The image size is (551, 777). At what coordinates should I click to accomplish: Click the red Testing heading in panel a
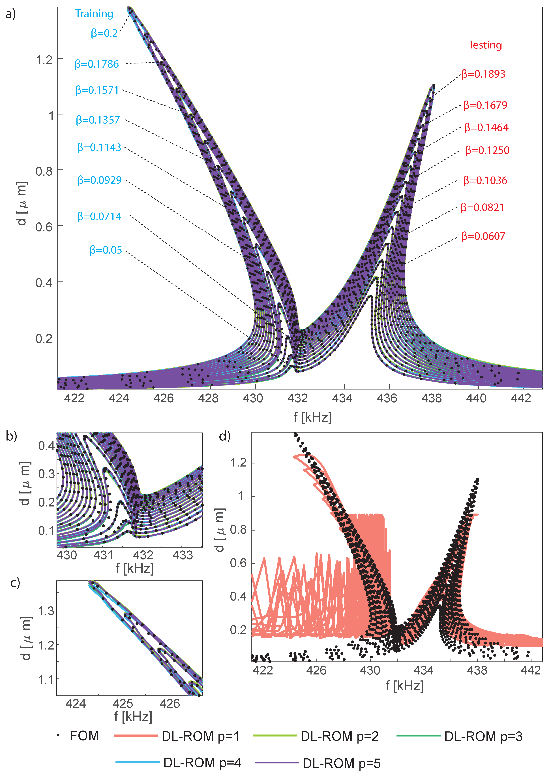(485, 45)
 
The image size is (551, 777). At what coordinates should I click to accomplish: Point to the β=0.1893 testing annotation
(483, 74)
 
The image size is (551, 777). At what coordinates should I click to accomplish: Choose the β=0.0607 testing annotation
(483, 236)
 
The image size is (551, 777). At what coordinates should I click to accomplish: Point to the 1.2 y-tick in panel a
(44, 60)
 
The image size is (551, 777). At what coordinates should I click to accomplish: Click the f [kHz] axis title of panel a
(312, 417)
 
